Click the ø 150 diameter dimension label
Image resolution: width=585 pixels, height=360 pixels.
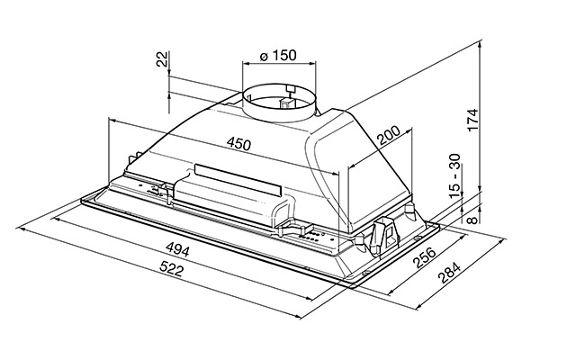click(278, 55)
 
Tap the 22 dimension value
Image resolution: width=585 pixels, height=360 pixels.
click(162, 58)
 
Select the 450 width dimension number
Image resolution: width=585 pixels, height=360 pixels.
click(238, 144)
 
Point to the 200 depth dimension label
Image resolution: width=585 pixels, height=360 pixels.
click(388, 135)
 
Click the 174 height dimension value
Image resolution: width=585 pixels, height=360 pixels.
click(472, 120)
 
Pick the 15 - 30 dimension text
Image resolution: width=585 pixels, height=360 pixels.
click(455, 175)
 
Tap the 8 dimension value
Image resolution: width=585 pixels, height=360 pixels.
click(472, 220)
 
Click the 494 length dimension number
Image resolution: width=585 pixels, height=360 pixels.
click(177, 249)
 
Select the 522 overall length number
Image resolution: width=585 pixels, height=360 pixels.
click(171, 268)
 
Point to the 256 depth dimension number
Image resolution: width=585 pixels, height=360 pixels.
click(425, 257)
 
